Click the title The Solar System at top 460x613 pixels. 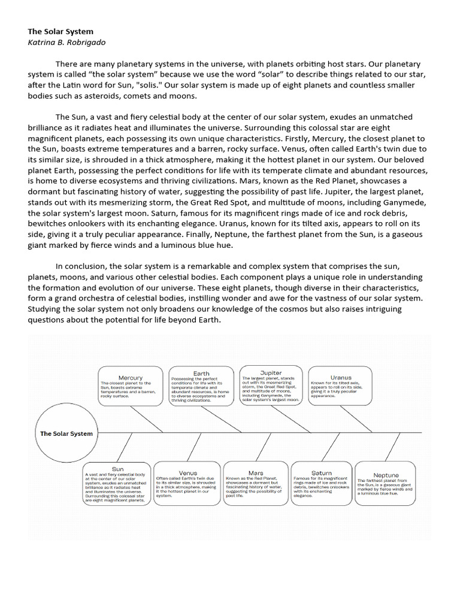[x=60, y=31]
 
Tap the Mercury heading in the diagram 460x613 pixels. [x=131, y=378]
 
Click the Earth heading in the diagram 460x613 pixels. [x=201, y=374]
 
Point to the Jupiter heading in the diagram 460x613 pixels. [x=271, y=373]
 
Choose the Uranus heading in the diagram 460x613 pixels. [x=341, y=378]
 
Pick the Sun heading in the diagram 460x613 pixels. [x=118, y=469]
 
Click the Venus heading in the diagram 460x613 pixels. [x=188, y=473]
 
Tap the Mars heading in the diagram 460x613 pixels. [x=255, y=473]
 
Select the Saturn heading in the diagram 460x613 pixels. [x=322, y=473]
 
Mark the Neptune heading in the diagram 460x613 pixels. [x=386, y=475]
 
